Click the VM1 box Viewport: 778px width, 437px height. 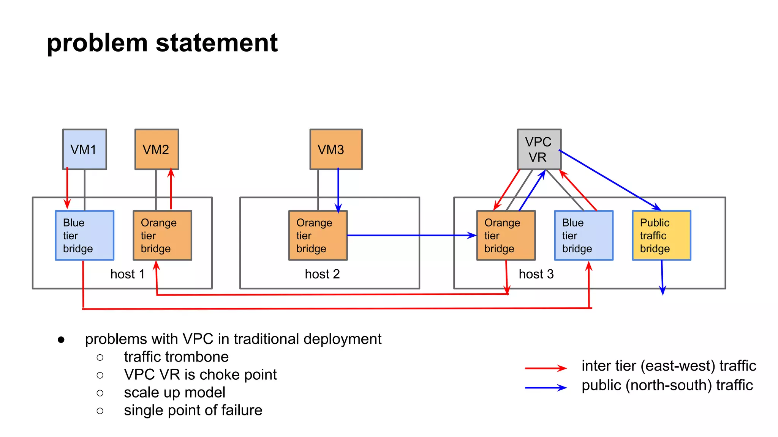click(x=84, y=149)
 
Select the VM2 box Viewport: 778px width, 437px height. click(x=157, y=149)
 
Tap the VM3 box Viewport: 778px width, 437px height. click(x=336, y=149)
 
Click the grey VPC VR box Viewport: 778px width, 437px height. click(x=539, y=149)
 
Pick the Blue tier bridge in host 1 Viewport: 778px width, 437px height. click(x=84, y=235)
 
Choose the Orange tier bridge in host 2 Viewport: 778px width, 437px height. click(x=318, y=235)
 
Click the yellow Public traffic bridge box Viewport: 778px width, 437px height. click(x=661, y=235)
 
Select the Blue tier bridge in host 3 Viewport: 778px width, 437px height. click(x=583, y=235)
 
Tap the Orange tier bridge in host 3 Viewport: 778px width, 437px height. click(x=506, y=235)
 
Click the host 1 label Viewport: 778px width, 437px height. click(x=127, y=274)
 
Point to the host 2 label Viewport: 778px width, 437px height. click(x=322, y=274)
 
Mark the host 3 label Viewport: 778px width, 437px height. click(x=536, y=274)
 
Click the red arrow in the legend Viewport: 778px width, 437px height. click(x=546, y=368)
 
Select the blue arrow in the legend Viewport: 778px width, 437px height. click(x=546, y=388)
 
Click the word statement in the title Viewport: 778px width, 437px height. click(x=217, y=42)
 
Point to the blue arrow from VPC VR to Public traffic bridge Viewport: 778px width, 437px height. click(x=610, y=180)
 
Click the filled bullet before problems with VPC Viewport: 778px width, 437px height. click(x=61, y=340)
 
